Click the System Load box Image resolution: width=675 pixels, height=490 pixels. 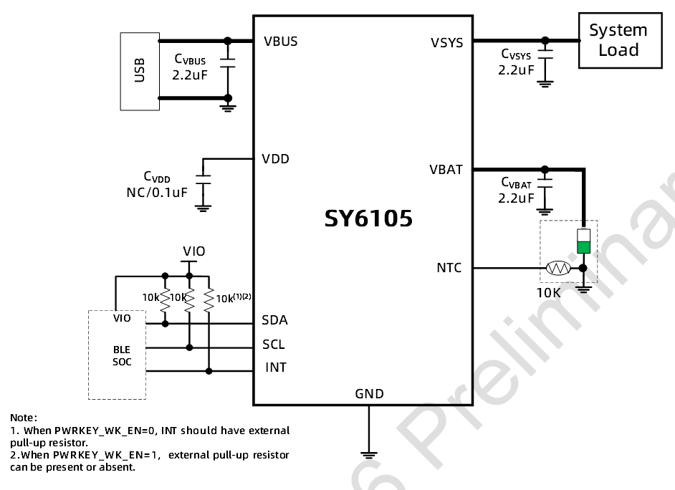[619, 41]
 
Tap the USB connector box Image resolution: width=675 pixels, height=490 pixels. [140, 71]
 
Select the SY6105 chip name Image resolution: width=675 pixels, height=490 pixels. [368, 218]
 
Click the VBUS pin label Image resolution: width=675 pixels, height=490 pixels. [280, 41]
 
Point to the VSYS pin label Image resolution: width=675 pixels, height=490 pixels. [446, 42]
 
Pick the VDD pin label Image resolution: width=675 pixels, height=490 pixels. [277, 158]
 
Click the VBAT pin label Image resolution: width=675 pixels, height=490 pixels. [446, 170]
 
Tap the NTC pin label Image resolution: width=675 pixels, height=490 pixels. [449, 268]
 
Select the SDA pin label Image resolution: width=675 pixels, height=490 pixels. [275, 320]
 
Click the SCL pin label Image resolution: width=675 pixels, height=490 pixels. [274, 345]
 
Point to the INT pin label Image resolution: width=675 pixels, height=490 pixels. [276, 367]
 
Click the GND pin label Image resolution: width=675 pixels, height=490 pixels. [369, 393]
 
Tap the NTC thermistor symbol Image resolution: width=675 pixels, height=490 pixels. [557, 269]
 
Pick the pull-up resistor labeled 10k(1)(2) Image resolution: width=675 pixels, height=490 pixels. [209, 301]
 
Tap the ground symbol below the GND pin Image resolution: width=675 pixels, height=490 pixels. [368, 453]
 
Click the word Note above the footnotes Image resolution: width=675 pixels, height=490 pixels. [24, 417]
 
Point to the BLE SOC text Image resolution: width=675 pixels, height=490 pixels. [122, 355]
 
